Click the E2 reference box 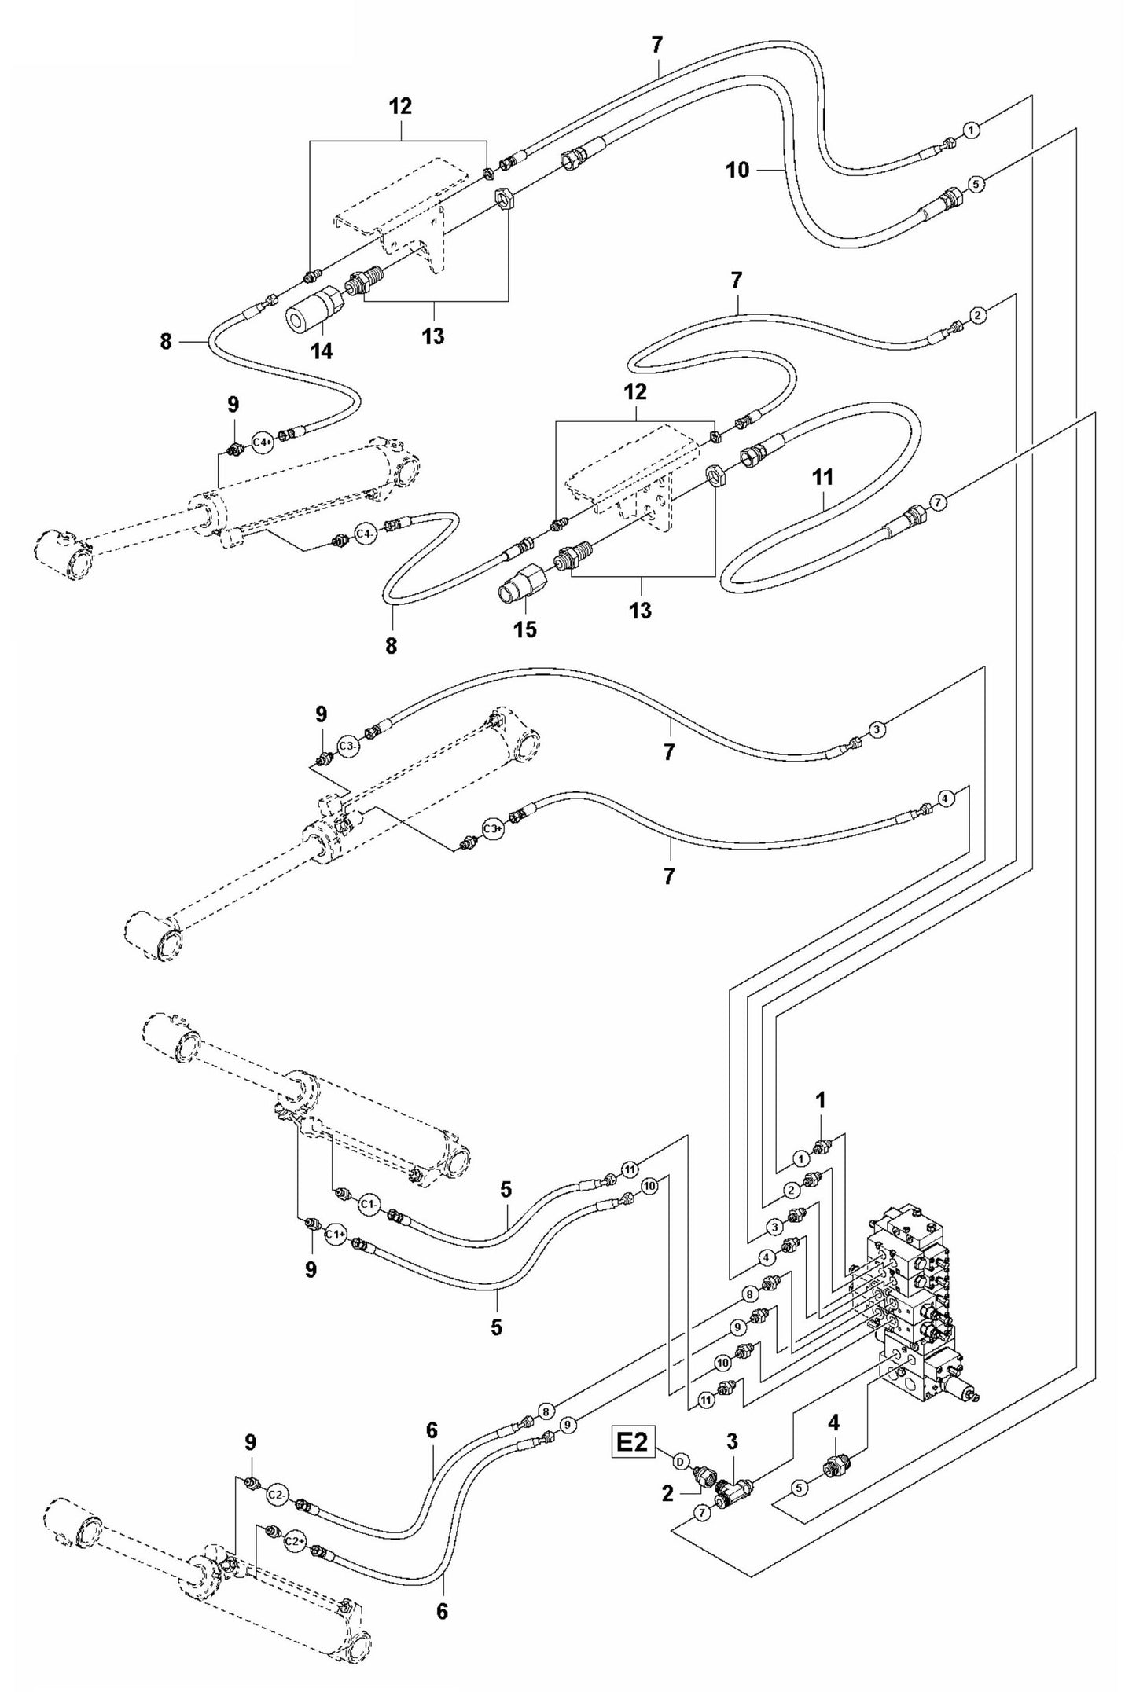click(x=633, y=1444)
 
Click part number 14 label click(x=321, y=351)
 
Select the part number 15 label click(x=525, y=629)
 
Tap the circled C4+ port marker click(x=263, y=443)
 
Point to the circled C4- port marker click(x=364, y=534)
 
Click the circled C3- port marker click(x=348, y=744)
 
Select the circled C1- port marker click(x=370, y=1225)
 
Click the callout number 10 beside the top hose click(x=737, y=169)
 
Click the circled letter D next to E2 click(x=681, y=1461)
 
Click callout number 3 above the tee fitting click(x=731, y=1441)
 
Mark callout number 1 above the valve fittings click(x=820, y=1101)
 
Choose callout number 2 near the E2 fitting click(x=667, y=1492)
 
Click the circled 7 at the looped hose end click(x=936, y=501)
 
